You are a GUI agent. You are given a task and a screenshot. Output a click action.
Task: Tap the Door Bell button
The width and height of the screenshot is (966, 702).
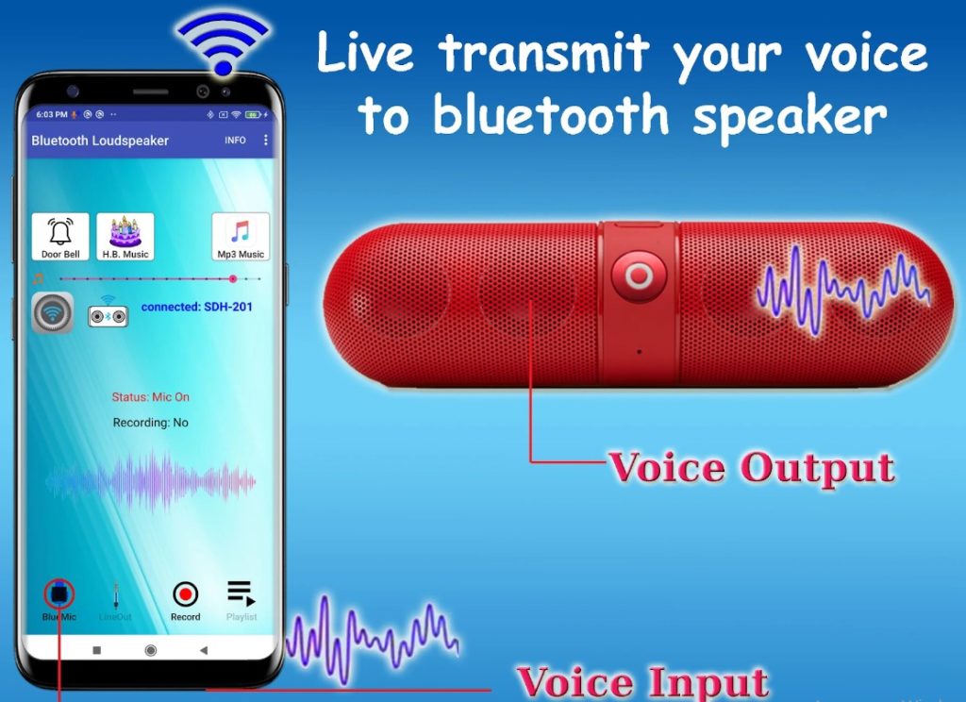[x=60, y=236]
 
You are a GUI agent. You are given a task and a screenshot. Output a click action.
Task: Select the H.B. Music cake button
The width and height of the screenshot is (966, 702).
[x=125, y=236]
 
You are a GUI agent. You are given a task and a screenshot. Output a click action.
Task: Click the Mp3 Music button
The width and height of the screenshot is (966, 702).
[x=241, y=236]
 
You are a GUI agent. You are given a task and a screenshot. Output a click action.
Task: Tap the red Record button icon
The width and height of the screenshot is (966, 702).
[x=186, y=594]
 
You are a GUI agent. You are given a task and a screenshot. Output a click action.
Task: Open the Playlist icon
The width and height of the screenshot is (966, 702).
[x=241, y=594]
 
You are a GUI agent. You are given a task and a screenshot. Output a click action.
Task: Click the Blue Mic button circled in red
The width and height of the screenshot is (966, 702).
[x=59, y=594]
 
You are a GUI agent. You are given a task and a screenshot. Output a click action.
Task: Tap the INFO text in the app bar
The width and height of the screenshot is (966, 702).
[x=235, y=140]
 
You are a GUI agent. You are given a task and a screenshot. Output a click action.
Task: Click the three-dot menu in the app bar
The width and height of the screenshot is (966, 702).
[x=266, y=140]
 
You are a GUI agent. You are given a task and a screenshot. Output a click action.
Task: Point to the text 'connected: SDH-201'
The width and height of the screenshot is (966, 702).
[x=196, y=307]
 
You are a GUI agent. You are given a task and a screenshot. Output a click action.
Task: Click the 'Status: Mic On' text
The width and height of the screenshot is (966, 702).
[x=150, y=397]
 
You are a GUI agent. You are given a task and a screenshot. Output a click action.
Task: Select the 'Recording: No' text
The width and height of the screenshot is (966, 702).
[x=150, y=423]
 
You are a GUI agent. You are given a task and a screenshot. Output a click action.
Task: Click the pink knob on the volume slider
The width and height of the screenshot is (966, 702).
[x=233, y=278]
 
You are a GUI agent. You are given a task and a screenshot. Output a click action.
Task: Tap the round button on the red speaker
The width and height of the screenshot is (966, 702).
[x=639, y=276]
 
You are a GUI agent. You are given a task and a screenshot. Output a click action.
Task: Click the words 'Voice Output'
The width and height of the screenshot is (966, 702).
[x=750, y=467]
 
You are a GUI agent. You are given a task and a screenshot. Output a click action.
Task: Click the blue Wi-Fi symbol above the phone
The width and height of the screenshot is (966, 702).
[x=224, y=42]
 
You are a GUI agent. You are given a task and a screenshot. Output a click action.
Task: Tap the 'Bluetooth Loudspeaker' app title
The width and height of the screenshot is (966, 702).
[x=100, y=141]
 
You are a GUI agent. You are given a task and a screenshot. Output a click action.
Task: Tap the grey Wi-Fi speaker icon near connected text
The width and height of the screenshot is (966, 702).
[x=51, y=313]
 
